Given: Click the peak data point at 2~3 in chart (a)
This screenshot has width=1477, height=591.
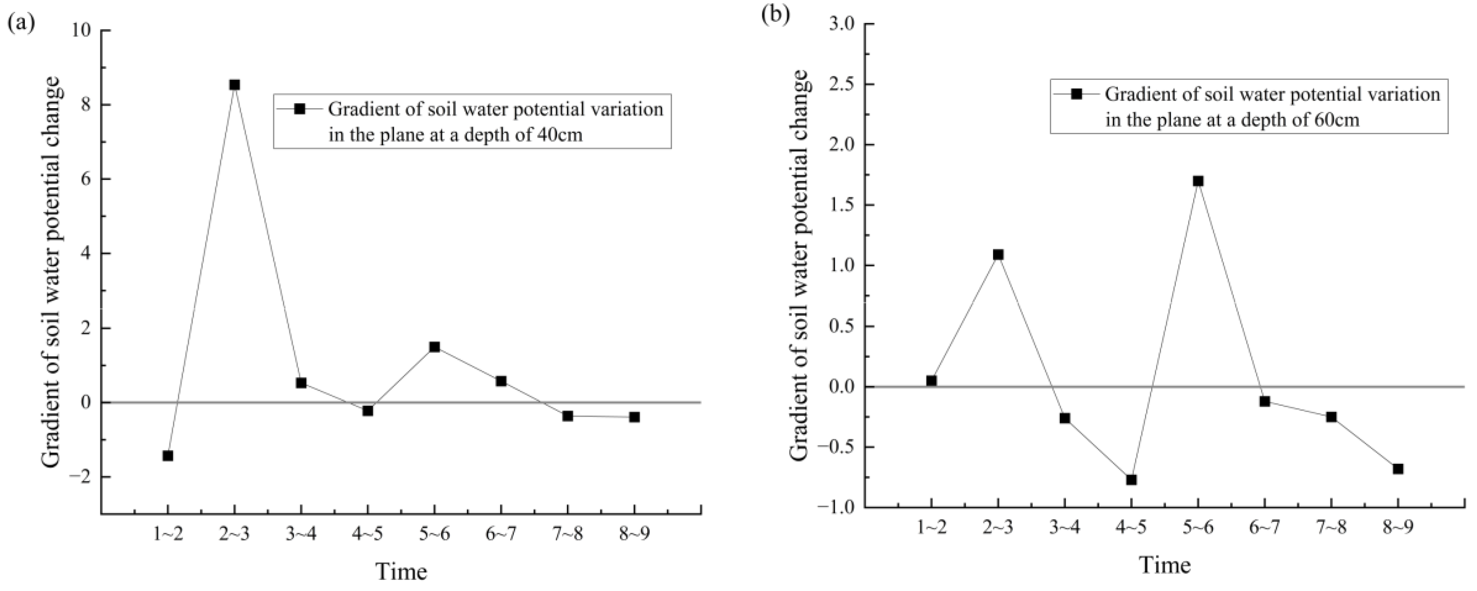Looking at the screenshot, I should [235, 85].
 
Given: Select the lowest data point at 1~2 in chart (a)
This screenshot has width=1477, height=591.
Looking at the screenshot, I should [168, 456].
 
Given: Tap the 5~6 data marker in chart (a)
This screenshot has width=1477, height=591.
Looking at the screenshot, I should [434, 347].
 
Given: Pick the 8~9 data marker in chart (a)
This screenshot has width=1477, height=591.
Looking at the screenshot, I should [634, 417].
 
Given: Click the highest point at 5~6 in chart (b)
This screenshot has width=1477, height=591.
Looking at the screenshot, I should [1198, 181].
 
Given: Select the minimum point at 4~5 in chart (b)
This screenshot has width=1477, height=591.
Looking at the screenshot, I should [1131, 480].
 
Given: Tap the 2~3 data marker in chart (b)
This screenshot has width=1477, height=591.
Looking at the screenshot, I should [998, 255].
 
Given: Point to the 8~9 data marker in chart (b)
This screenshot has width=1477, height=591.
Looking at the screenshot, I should [1398, 469].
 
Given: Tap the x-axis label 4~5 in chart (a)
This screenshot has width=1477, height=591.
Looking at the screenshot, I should [367, 535].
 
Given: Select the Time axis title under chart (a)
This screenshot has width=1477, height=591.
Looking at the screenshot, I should [402, 572].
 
